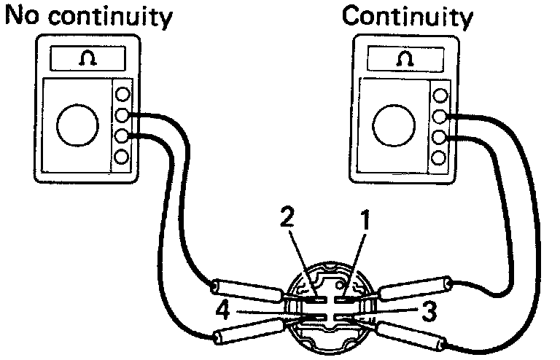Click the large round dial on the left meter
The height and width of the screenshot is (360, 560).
click(77, 126)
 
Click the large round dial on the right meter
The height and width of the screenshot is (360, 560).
click(394, 125)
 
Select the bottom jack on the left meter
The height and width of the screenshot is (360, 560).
click(122, 156)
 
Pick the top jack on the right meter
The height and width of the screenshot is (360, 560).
click(440, 95)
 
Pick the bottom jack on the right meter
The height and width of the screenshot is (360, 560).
click(439, 157)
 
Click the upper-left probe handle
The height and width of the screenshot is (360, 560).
click(247, 289)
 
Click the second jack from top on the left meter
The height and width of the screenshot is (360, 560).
click(122, 115)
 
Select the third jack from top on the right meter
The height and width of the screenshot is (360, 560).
click(440, 136)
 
